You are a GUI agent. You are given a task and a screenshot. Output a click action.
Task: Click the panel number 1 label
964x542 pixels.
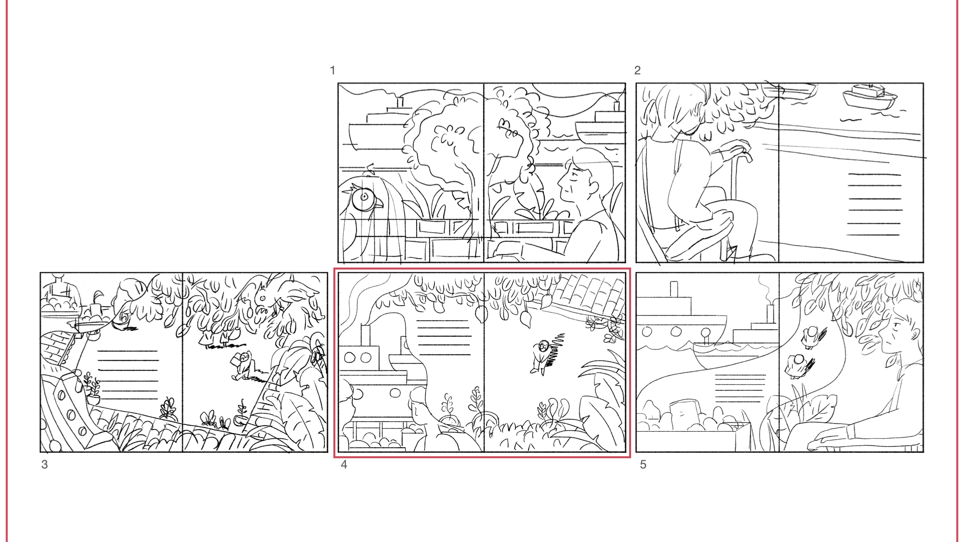[332, 70]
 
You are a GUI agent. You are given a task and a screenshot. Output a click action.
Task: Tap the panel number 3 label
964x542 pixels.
[45, 465]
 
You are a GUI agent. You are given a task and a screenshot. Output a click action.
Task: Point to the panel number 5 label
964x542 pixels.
[643, 465]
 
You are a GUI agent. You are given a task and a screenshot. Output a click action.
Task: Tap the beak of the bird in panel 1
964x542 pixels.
[378, 203]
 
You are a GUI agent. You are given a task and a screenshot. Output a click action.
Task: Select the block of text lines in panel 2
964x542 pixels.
[874, 204]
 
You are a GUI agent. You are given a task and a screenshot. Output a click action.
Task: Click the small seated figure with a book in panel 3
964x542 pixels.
[242, 366]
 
